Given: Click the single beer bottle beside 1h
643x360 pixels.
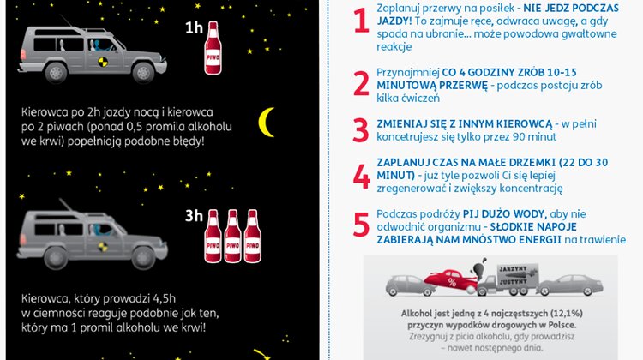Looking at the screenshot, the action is coord(213,48).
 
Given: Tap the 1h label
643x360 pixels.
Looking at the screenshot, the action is coord(194,28).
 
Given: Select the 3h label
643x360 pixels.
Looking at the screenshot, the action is coord(194,216).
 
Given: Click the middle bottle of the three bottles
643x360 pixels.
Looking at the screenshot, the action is coord(232,237).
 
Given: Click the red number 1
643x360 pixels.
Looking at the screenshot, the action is coord(361,21).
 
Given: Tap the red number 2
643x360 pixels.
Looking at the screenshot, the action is coord(361,84).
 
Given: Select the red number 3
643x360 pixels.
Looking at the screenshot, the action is coord(361,130).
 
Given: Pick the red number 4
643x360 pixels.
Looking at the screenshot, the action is coord(361,177).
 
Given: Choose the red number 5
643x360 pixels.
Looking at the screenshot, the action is coord(361,225).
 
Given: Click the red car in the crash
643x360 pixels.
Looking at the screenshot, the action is coord(450,280).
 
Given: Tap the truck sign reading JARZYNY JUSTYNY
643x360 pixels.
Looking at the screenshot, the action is coord(513,275).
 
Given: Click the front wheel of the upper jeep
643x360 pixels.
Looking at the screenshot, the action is coord(143,73).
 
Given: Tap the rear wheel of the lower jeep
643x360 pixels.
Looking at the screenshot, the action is coord(56,258).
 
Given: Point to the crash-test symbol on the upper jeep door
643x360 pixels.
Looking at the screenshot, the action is coord(103,62).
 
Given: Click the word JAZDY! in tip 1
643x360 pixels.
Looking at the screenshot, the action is coord(394,21).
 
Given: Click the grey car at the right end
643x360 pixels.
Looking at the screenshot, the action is coord(570,285).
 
